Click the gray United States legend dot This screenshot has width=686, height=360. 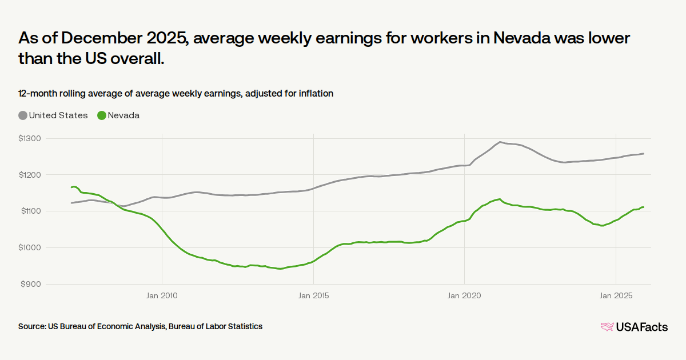tap(23, 115)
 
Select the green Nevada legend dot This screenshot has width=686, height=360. tap(102, 115)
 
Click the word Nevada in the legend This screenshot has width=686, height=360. tap(123, 115)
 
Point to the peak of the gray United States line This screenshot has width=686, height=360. tap(500, 142)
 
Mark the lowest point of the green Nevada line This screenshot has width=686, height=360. tap(279, 269)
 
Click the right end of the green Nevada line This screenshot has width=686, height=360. tap(643, 207)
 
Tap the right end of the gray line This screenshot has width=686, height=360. tap(643, 153)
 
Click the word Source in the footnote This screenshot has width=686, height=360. tap(31, 326)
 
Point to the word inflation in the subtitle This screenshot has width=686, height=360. tap(314, 93)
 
